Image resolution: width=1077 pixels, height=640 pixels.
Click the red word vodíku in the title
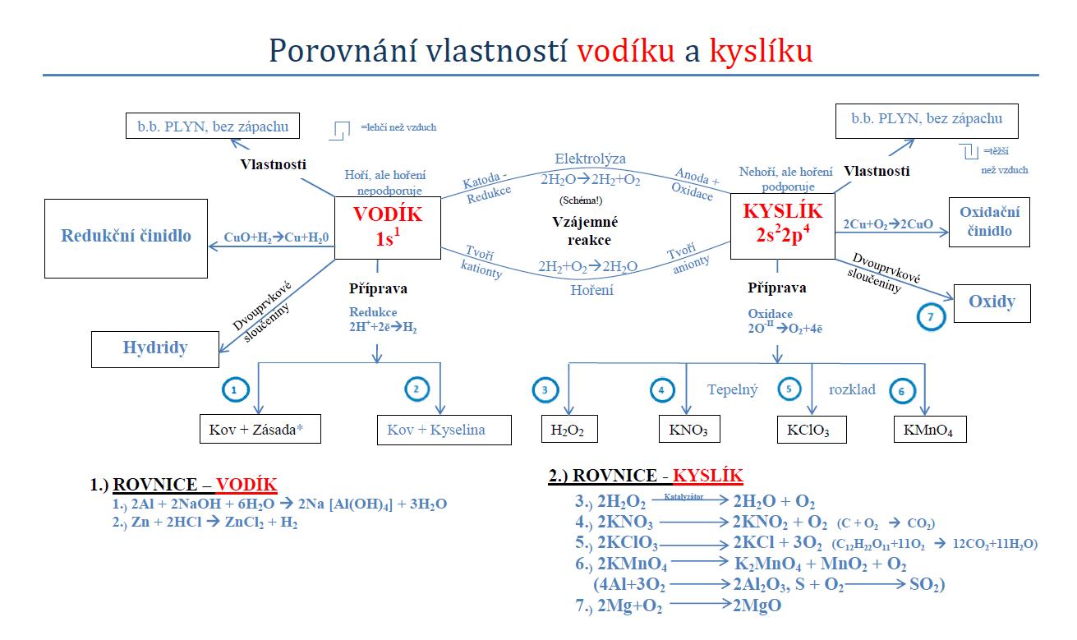tap(626, 51)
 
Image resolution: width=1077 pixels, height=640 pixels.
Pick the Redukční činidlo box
tap(126, 236)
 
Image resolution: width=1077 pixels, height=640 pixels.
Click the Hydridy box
tap(155, 348)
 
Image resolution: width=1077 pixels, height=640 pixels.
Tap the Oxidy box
tap(992, 302)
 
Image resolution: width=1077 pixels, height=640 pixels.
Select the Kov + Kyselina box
tap(437, 429)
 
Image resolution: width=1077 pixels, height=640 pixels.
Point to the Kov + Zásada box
tap(259, 429)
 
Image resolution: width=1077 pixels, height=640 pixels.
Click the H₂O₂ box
tap(568, 429)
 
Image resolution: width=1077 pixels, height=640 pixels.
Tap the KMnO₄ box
tap(930, 429)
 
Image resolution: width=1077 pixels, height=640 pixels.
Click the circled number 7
tap(930, 318)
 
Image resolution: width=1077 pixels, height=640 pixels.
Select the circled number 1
tap(234, 390)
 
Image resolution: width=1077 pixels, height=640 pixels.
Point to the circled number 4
tap(662, 390)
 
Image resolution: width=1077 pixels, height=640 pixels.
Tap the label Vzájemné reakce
tap(585, 231)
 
